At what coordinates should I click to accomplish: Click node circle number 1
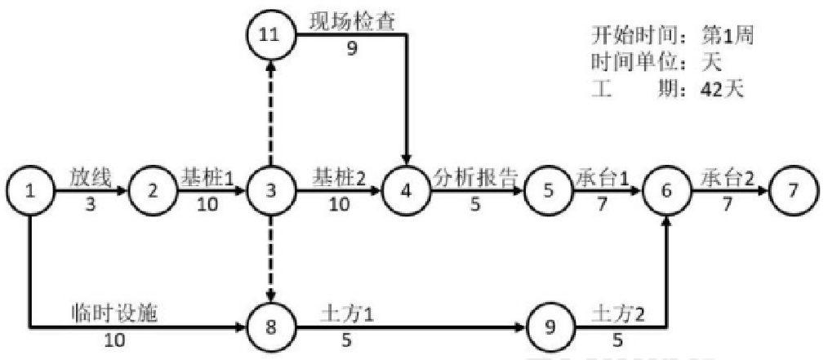(31, 193)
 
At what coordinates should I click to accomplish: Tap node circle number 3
(271, 193)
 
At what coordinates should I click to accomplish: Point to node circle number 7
(792, 193)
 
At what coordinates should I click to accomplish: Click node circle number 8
(271, 328)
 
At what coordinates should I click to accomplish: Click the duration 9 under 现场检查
(352, 48)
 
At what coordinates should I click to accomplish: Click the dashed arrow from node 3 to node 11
(271, 114)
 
